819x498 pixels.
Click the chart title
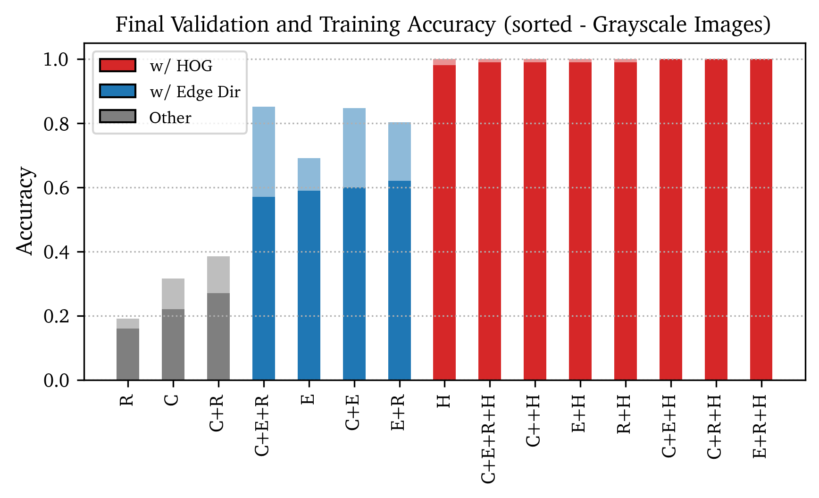443,25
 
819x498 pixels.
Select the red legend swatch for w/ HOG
117,65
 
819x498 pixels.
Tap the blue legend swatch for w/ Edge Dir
117,91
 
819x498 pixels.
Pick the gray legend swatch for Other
117,117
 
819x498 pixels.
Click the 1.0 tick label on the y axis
56,59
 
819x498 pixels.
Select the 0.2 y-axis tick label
56,316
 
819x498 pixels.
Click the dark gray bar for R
128,354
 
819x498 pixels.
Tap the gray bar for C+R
218,336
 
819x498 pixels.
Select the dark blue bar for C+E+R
264,288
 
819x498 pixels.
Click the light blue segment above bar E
309,174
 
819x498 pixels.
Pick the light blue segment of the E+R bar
400,152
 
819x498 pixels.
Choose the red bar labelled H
444,222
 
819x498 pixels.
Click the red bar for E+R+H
761,219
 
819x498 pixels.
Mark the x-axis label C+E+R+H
489,439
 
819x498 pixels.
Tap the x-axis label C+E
353,412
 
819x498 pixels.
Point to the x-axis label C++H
534,421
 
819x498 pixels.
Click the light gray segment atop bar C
173,294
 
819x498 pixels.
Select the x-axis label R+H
625,414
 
